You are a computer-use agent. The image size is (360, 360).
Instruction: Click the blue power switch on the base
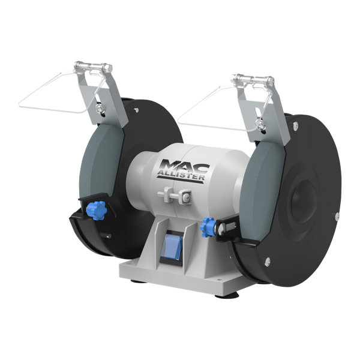[x=172, y=247]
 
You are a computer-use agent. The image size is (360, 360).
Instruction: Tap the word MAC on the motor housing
[x=184, y=166]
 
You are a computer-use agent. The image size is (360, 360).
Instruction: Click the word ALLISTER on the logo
[x=181, y=176]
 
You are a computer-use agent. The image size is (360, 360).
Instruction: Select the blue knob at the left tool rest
[x=97, y=210]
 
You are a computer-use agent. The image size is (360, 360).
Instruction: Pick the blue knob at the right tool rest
[x=208, y=226]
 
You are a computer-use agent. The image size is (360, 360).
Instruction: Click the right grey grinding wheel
[x=262, y=184]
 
